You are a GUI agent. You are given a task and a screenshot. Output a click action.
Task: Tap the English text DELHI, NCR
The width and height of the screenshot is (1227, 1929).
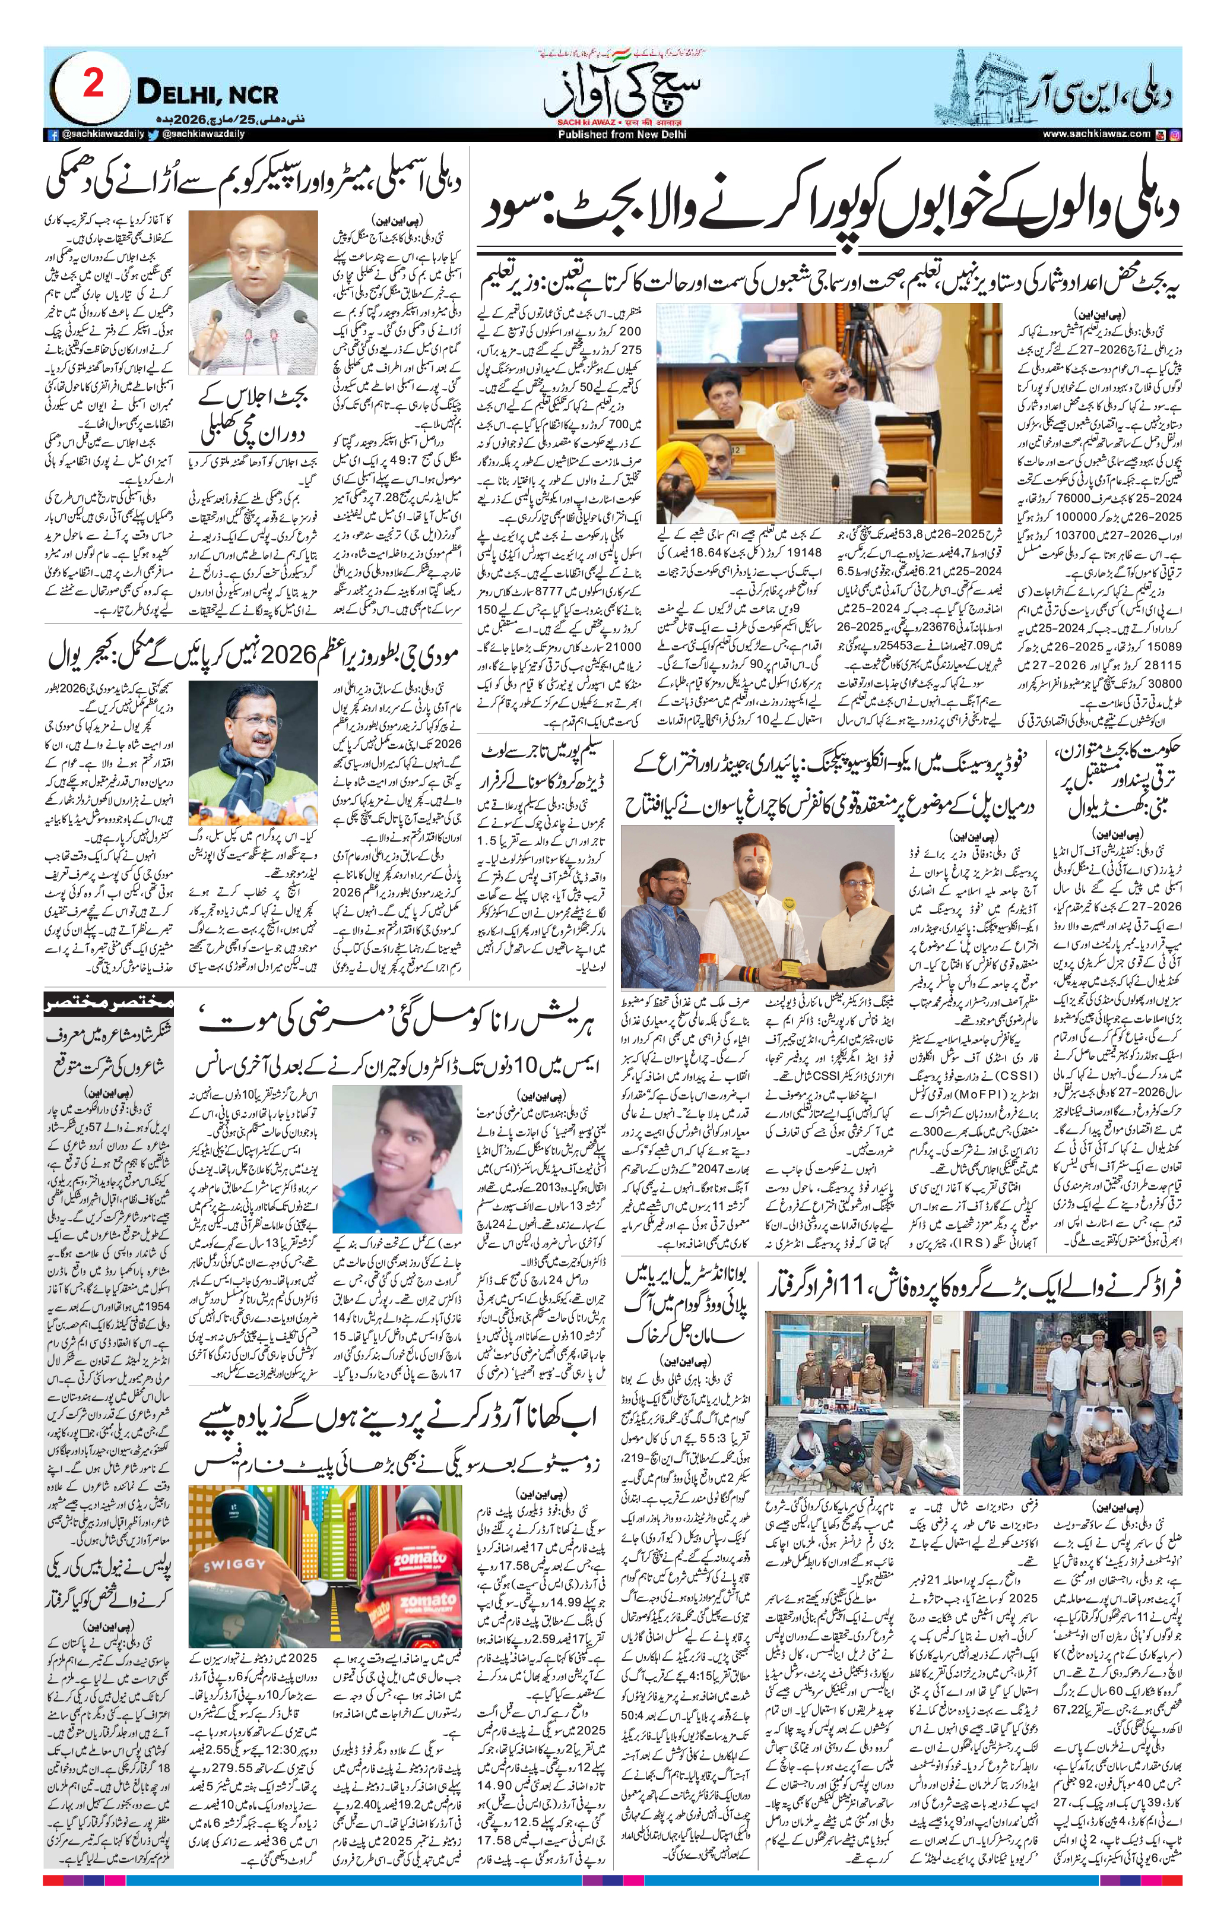(x=207, y=94)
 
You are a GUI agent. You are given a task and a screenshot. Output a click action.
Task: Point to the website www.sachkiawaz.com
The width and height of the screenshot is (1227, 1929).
(x=1096, y=135)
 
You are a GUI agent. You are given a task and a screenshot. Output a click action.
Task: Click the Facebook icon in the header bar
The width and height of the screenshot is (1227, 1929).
(x=53, y=135)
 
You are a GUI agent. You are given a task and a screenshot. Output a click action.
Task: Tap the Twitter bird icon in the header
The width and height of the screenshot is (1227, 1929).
(x=153, y=135)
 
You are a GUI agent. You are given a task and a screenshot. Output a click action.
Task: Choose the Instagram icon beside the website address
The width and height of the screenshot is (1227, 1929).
(x=1175, y=135)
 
